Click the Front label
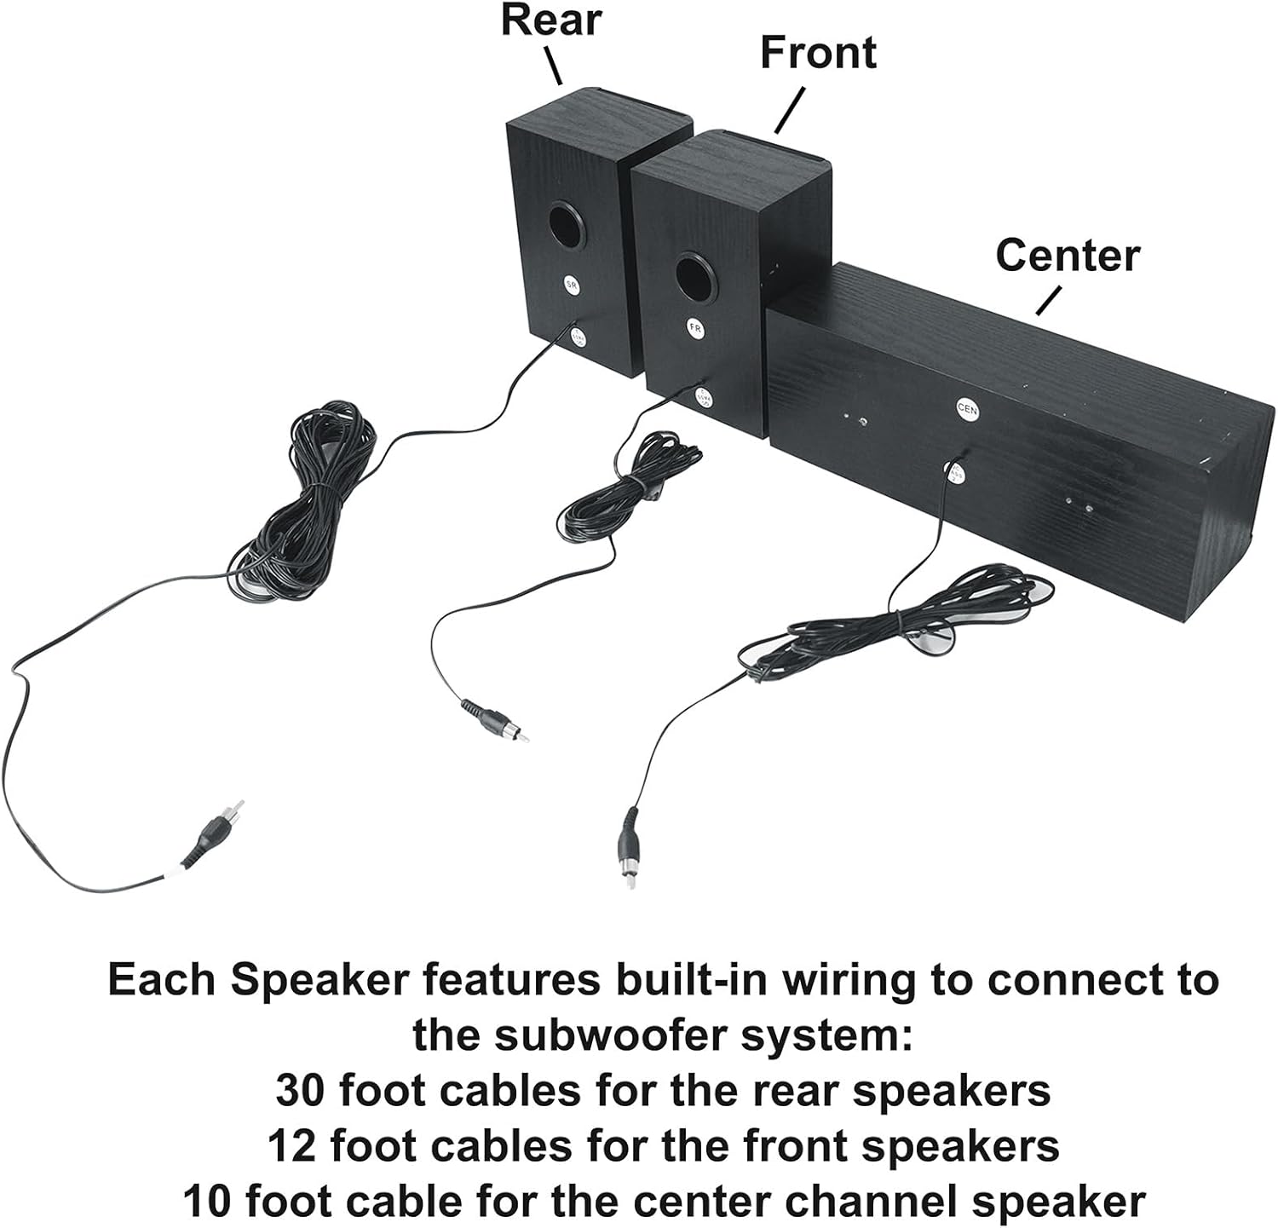click(818, 53)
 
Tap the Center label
click(1067, 256)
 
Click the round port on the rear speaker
click(567, 224)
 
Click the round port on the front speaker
click(695, 274)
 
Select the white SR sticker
click(572, 285)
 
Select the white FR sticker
click(695, 328)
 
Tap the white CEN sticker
click(967, 409)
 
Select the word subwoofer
click(588, 1035)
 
